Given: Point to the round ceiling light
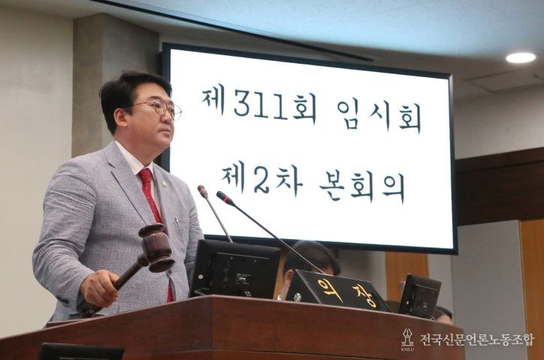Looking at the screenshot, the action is click(521, 58).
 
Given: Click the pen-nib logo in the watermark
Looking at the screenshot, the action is click(407, 339).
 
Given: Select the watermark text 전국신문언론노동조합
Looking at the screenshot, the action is click(477, 339).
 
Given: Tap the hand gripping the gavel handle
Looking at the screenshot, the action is click(98, 288).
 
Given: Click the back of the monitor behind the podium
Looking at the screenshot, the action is click(235, 268).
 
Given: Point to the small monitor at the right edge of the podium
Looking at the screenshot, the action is click(419, 295).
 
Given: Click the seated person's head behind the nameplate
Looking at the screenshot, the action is click(310, 258).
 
